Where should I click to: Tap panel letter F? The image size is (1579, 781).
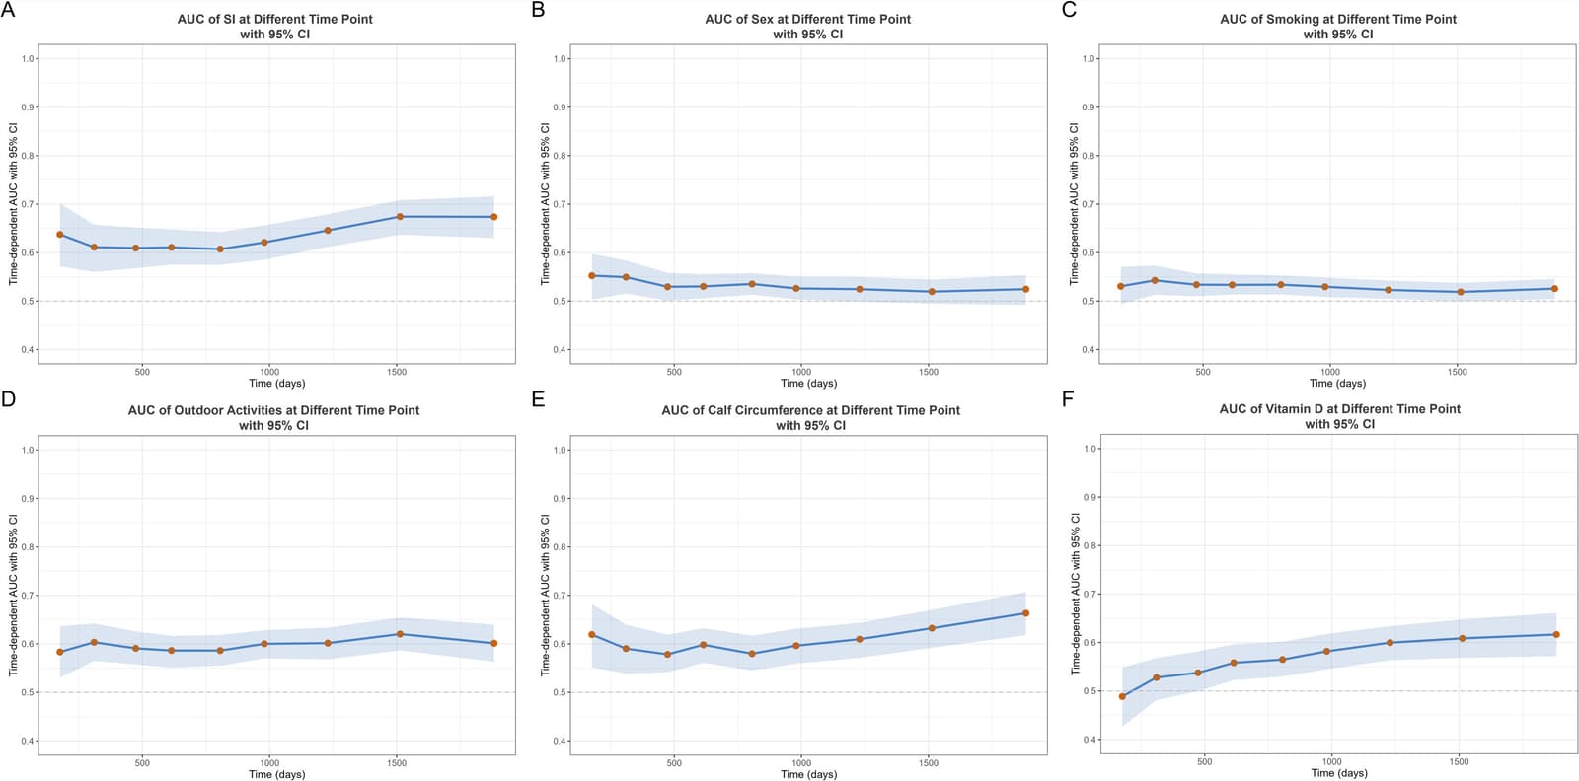click(1068, 400)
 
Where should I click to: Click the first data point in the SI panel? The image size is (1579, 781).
click(60, 234)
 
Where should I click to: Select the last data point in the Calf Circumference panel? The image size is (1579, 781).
click(1025, 613)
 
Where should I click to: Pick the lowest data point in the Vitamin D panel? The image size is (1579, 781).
click(1122, 696)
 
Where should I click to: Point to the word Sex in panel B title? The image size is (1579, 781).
click(762, 20)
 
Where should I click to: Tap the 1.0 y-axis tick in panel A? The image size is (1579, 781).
click(29, 58)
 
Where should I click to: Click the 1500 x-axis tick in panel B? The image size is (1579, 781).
click(929, 372)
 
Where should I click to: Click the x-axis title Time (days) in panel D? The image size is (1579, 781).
click(277, 774)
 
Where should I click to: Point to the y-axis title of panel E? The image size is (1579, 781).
click(545, 595)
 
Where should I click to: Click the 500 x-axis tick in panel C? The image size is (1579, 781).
click(1203, 372)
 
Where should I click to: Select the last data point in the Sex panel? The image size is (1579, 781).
click(1025, 289)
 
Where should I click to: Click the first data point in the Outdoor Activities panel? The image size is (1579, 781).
click(60, 652)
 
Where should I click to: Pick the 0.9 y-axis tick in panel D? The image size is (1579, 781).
click(29, 499)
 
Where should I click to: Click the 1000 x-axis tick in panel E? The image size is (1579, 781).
click(801, 762)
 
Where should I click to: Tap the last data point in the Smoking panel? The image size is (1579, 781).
click(1554, 289)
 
